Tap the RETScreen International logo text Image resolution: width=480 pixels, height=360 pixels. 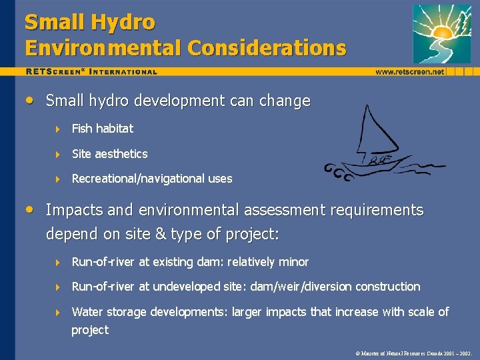point(92,71)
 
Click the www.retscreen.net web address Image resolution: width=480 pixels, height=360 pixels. point(409,71)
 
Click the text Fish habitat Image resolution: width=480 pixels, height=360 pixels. point(103,128)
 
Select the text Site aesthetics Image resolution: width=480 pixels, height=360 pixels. point(109,153)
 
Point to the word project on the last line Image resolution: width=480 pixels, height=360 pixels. point(90,330)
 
